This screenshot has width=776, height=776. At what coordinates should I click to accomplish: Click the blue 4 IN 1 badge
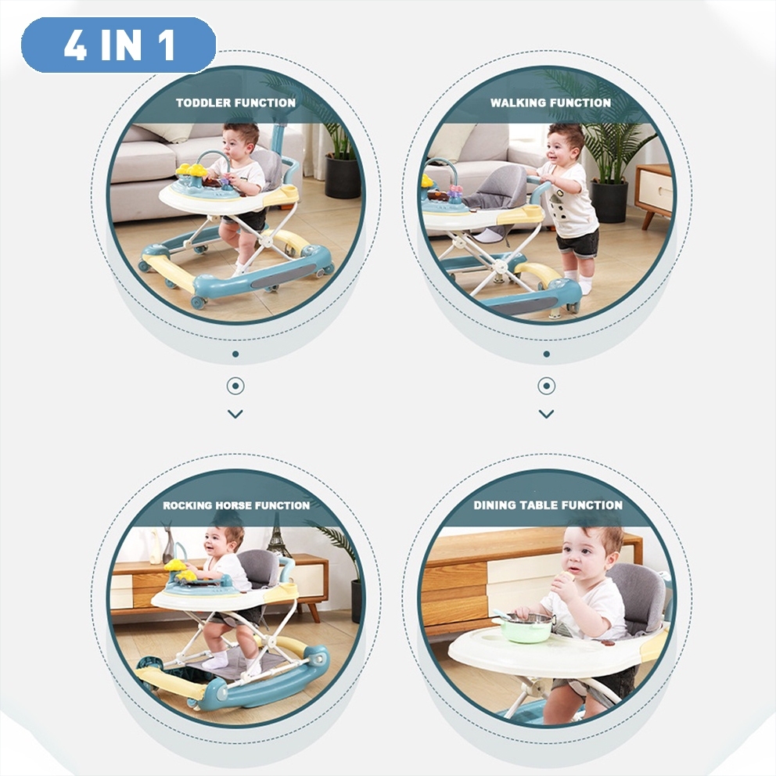tap(119, 45)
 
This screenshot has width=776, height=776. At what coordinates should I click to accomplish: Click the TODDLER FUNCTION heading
tap(235, 103)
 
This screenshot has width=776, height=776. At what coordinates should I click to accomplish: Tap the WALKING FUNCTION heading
tap(551, 103)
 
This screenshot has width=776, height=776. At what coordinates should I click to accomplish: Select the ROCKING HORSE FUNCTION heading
tap(236, 505)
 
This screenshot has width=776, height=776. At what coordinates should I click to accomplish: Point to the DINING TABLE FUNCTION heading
tap(548, 505)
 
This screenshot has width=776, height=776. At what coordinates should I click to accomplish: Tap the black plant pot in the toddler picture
tap(343, 176)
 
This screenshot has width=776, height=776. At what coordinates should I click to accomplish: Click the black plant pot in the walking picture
tap(609, 201)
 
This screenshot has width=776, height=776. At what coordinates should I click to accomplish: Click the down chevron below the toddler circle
tap(235, 414)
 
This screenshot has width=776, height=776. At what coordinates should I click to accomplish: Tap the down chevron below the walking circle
tap(546, 414)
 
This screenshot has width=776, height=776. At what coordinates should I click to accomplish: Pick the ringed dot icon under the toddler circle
tap(235, 386)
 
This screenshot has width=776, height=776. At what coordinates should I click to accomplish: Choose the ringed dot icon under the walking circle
tap(546, 386)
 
